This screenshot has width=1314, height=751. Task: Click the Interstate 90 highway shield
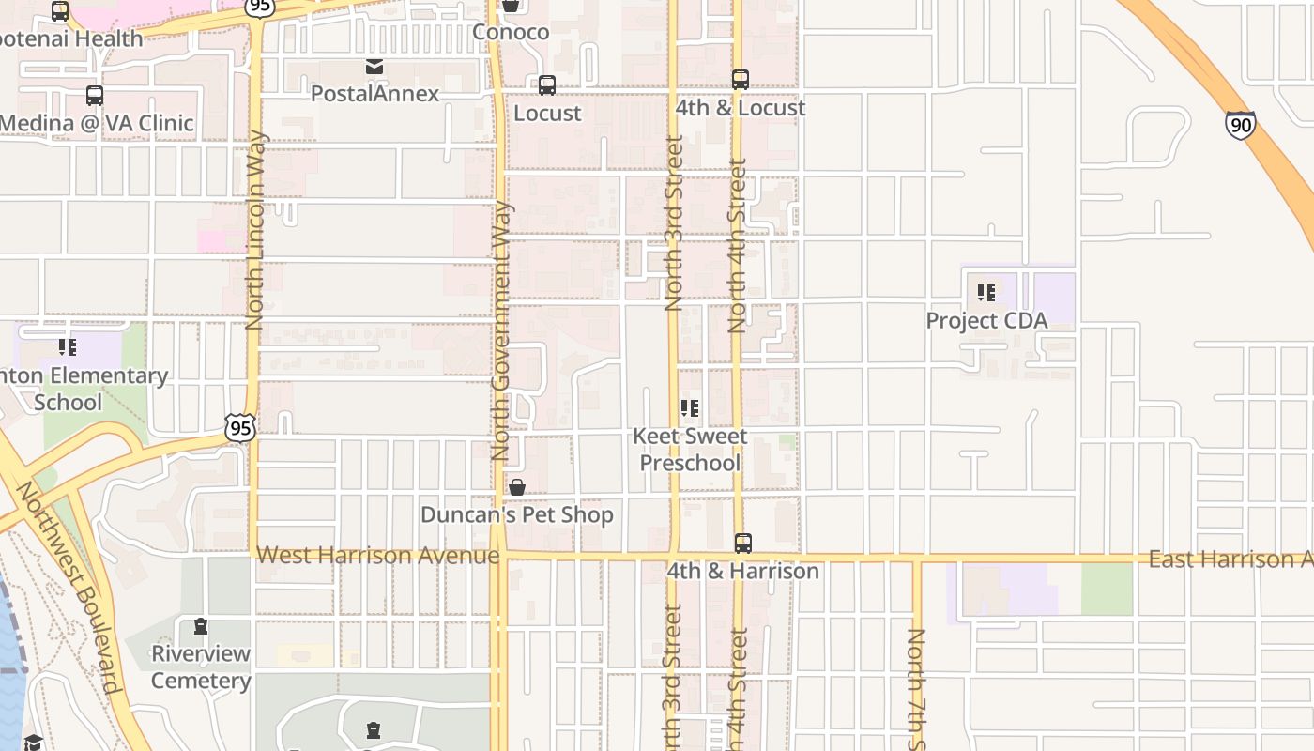pos(1240,125)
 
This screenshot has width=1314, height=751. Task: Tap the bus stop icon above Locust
pos(547,85)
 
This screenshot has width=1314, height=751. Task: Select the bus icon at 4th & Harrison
pos(742,543)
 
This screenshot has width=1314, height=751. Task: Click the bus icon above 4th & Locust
pos(741,80)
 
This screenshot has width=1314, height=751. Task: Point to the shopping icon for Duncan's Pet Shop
pos(517,487)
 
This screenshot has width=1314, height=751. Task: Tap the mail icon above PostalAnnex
pos(374,67)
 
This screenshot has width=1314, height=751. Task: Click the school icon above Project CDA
pos(985,293)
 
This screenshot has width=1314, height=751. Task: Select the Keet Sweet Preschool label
pos(690,450)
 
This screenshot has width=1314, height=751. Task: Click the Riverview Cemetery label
pos(201,667)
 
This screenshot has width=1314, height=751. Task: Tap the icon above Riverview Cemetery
pos(200,626)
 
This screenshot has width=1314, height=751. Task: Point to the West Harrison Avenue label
pos(377,555)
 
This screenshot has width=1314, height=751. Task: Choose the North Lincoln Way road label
pos(254,230)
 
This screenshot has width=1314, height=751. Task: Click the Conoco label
pos(511,32)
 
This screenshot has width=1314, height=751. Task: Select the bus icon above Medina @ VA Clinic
pos(95,96)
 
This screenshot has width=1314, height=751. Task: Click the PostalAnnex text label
pos(374,94)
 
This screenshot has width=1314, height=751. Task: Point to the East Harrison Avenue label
pos(1230,559)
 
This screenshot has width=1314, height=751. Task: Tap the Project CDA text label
pos(986,320)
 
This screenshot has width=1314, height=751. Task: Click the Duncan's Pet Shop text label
pos(517,514)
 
